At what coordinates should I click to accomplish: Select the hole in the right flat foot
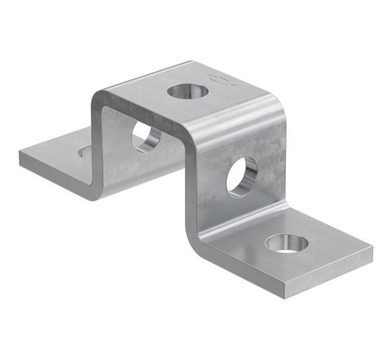[x=286, y=241]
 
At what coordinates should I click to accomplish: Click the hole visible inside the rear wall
[x=147, y=137]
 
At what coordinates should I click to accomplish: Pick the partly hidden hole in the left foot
[x=85, y=152]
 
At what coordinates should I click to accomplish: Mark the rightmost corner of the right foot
[x=371, y=252]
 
